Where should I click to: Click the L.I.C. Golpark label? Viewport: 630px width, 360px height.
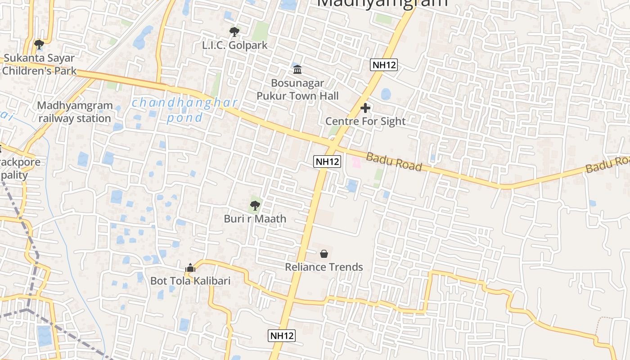(234, 45)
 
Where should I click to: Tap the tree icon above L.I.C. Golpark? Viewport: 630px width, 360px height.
(234, 32)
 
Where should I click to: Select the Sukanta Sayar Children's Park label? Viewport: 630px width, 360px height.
(39, 64)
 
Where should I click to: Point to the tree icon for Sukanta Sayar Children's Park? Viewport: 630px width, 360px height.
(39, 44)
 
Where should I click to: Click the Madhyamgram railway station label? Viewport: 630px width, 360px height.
(75, 112)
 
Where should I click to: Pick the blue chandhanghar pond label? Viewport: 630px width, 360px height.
(184, 110)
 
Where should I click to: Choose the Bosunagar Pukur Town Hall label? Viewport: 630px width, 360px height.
(297, 90)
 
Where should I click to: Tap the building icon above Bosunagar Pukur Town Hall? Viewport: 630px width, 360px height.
(297, 69)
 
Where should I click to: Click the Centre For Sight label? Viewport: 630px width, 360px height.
(365, 121)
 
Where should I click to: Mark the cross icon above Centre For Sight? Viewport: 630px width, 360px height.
(365, 108)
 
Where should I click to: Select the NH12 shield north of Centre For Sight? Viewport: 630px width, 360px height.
(384, 65)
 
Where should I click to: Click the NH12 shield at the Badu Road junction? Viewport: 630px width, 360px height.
(327, 162)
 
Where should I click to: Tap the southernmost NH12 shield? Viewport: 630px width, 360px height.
(282, 335)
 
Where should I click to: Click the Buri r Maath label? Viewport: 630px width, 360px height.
(255, 219)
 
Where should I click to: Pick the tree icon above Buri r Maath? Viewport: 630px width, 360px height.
(255, 206)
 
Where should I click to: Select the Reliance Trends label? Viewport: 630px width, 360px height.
(324, 267)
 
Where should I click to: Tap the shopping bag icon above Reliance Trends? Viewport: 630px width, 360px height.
(324, 254)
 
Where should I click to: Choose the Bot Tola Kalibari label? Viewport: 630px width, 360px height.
(190, 281)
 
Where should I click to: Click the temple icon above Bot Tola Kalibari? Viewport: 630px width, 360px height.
(190, 268)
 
